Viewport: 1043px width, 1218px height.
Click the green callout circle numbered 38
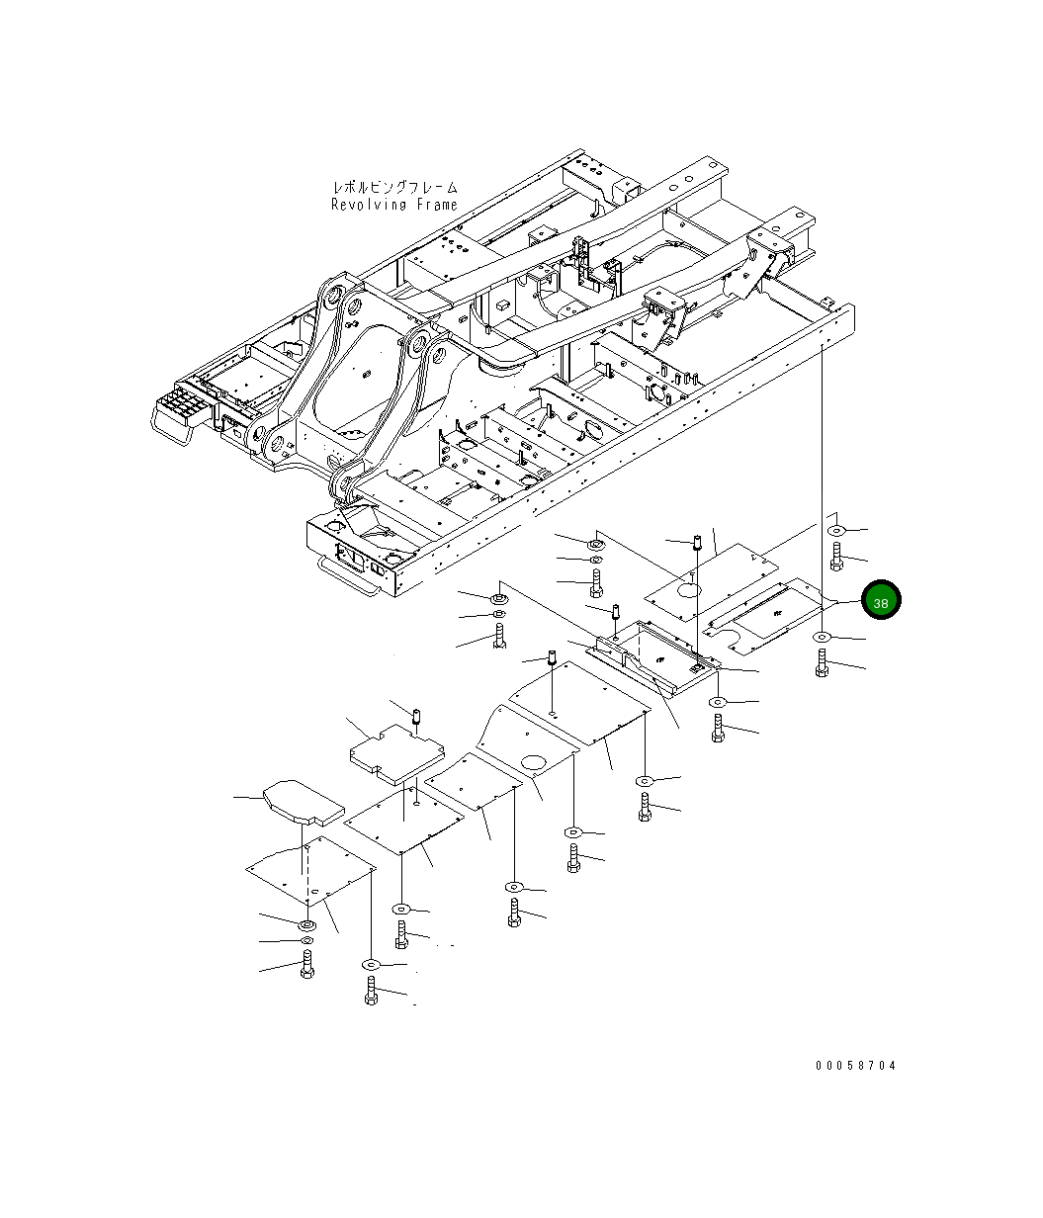[880, 600]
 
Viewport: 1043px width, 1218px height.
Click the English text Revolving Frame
[394, 205]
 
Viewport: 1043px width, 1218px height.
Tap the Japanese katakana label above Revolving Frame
[394, 187]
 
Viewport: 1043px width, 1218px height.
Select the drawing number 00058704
[856, 1066]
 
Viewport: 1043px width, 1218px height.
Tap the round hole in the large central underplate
[535, 761]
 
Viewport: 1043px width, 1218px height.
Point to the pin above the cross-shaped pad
[416, 714]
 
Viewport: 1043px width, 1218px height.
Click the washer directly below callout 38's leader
[824, 638]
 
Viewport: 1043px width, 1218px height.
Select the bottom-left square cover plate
[309, 869]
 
